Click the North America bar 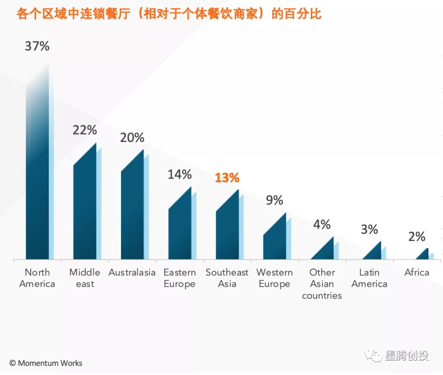tap(37, 172)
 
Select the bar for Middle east tap(85, 209)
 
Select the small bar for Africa tap(424, 255)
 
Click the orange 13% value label tap(227, 178)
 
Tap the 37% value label tap(37, 46)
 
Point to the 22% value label tap(85, 130)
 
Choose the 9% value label tap(274, 200)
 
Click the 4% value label tap(322, 224)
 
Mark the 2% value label tap(417, 237)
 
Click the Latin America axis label tap(369, 278)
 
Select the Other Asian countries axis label tap(322, 284)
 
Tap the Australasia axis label tap(132, 272)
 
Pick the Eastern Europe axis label tap(180, 278)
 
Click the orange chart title tap(169, 14)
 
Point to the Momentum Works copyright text tap(46, 363)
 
